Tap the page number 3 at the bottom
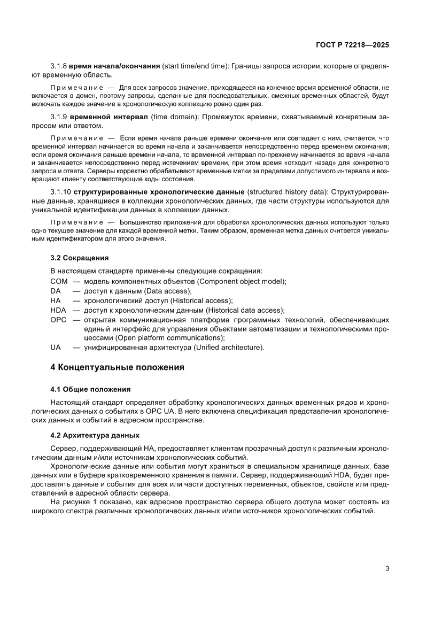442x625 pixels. click(387, 568)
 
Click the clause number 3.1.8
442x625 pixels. click(58, 66)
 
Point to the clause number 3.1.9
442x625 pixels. click(58, 117)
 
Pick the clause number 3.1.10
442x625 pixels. click(60, 191)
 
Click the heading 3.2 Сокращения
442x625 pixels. click(72, 258)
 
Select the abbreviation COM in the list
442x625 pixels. click(59, 281)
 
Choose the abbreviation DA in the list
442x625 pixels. click(56, 291)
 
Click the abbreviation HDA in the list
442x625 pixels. click(58, 310)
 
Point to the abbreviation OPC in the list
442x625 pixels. click(58, 320)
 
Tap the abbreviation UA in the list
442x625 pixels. click(56, 348)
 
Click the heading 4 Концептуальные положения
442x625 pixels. click(117, 367)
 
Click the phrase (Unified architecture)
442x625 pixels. click(216, 348)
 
